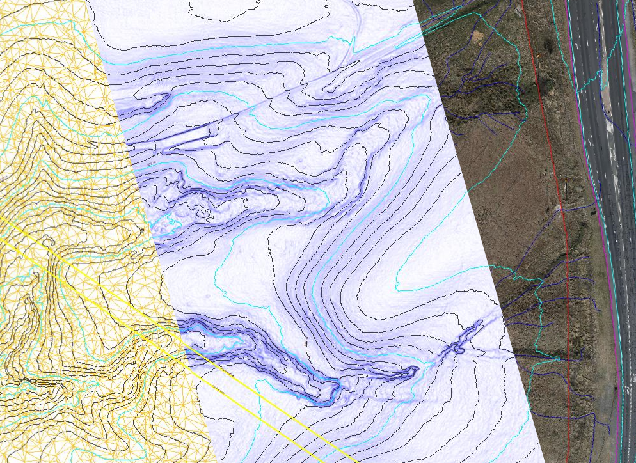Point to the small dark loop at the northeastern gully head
tap(459, 349)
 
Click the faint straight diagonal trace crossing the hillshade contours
tap(307, 83)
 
